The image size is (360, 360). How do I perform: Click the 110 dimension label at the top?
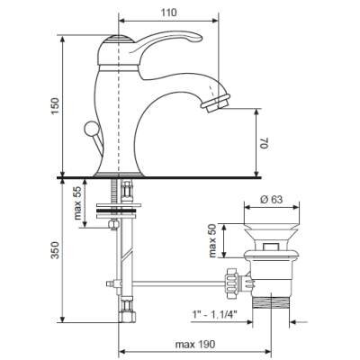169,13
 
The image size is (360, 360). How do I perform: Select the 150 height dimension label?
56,105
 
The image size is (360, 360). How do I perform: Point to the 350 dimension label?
56,250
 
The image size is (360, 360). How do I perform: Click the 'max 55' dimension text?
77,202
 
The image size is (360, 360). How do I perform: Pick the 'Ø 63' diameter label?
271,200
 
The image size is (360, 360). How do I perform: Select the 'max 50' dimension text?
212,241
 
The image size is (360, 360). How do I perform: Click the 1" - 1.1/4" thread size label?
214,315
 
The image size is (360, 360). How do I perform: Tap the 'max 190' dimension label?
195,345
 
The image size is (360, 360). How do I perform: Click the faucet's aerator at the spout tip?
216,103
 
